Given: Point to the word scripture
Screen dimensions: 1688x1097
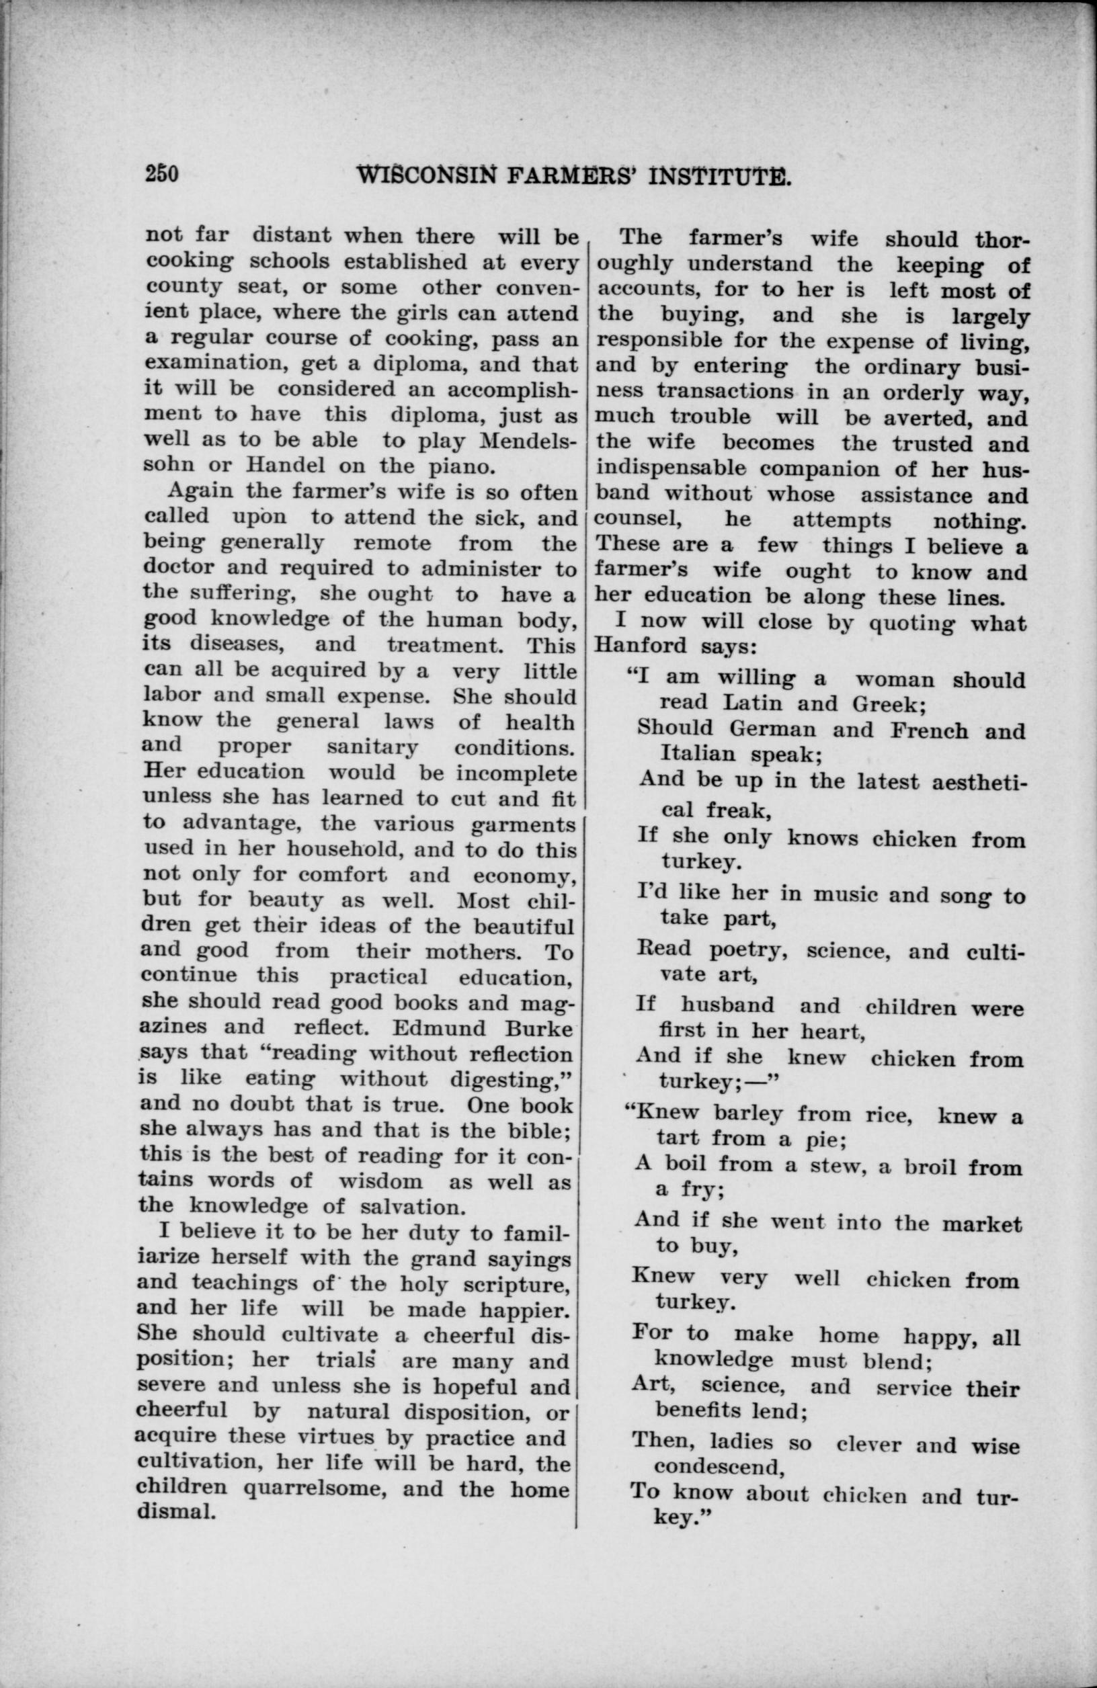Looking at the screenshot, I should pos(519,1283).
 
